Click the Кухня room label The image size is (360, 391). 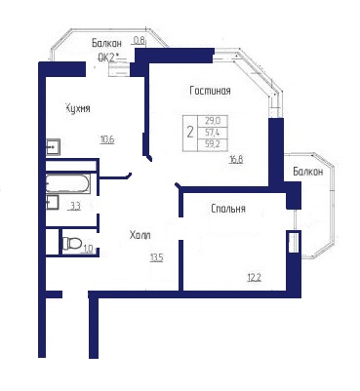click(78, 108)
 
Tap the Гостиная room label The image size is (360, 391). click(210, 91)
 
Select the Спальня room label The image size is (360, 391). click(228, 209)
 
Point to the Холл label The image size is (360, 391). click(140, 235)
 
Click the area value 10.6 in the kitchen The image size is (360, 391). click(107, 140)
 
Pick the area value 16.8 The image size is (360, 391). click(236, 160)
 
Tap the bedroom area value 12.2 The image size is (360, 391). click(254, 278)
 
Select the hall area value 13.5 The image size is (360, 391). click(156, 258)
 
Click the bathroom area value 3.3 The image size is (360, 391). click(76, 207)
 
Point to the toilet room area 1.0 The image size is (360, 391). click(89, 249)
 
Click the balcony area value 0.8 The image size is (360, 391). click(140, 41)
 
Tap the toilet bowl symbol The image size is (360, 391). click(71, 243)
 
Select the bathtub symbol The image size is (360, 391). click(68, 184)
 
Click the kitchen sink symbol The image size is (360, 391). click(53, 147)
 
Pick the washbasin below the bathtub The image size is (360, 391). click(52, 202)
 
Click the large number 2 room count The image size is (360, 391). click(190, 132)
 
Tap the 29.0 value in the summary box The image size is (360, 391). click(213, 121)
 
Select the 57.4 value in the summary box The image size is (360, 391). click(213, 133)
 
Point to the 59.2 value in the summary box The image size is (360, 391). click(213, 144)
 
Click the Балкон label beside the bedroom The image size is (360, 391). click(308, 172)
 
